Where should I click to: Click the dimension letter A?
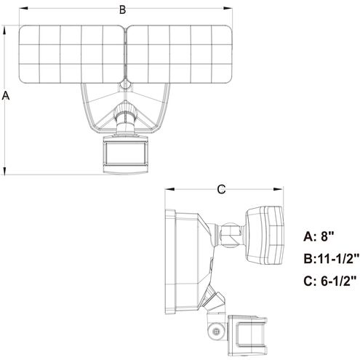pos(7,95)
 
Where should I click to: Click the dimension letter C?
pos(222,189)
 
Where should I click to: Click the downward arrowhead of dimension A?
pos(7,171)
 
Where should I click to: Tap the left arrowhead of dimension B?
pos(20,9)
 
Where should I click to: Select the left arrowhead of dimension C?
pos(168,189)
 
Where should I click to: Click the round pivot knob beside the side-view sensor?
pos(215,331)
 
